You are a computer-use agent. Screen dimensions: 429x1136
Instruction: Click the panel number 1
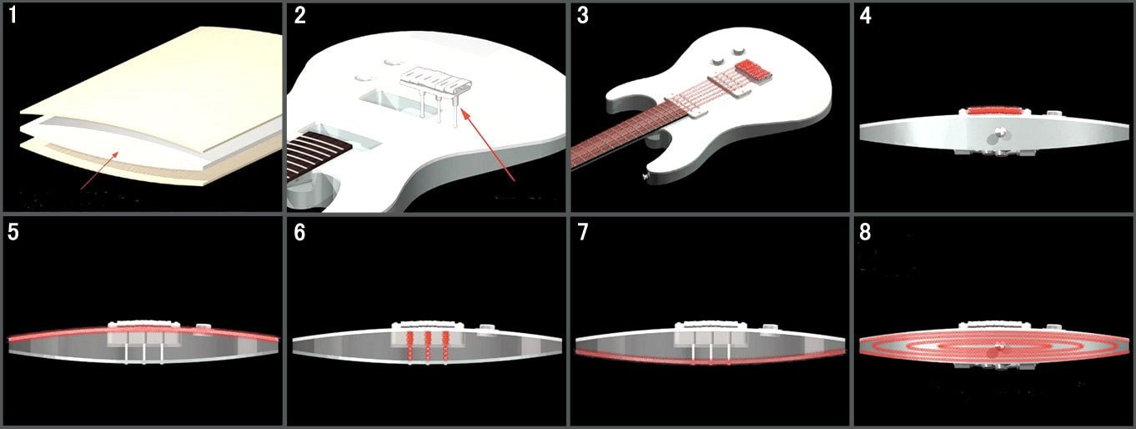tap(14, 17)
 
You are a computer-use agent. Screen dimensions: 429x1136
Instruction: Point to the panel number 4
tap(866, 17)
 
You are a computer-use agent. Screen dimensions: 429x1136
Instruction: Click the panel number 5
tap(14, 232)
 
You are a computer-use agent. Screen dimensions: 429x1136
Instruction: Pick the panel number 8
tap(866, 232)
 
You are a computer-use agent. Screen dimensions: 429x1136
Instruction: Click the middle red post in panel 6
tap(428, 341)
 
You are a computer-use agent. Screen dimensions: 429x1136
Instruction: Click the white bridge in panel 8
tap(993, 326)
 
